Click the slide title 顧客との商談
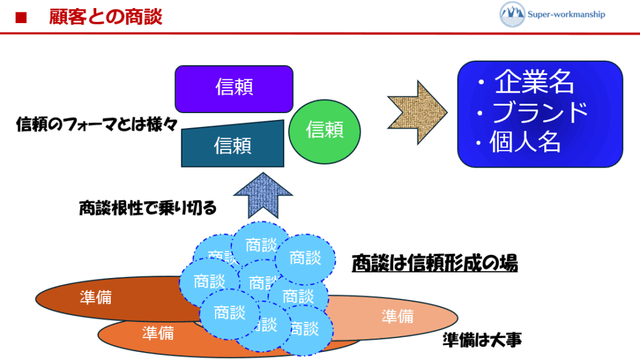(x=106, y=17)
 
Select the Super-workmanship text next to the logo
(x=567, y=14)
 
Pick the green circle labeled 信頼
(x=324, y=130)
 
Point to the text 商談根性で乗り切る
(x=147, y=208)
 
